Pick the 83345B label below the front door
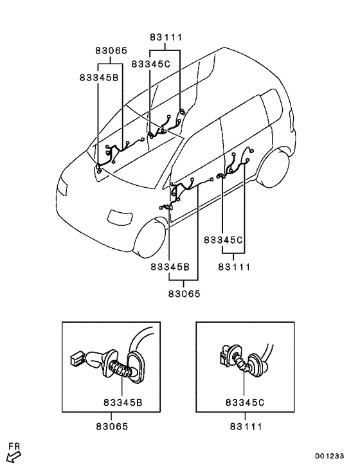point(170,266)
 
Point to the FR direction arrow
point(14,457)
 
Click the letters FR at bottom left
point(14,446)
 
